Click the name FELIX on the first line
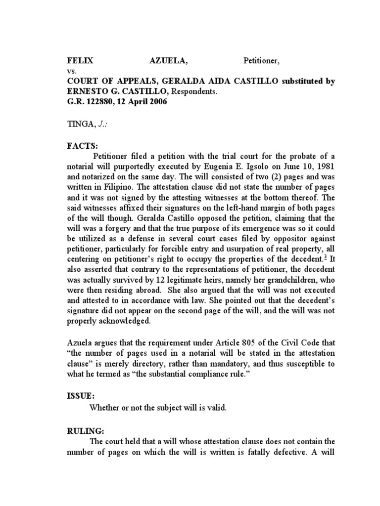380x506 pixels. pyautogui.click(x=80, y=62)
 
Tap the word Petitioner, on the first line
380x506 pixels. pyautogui.click(x=261, y=62)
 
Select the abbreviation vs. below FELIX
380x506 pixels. pyautogui.click(x=72, y=72)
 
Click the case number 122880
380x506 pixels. pyautogui.click(x=96, y=102)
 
